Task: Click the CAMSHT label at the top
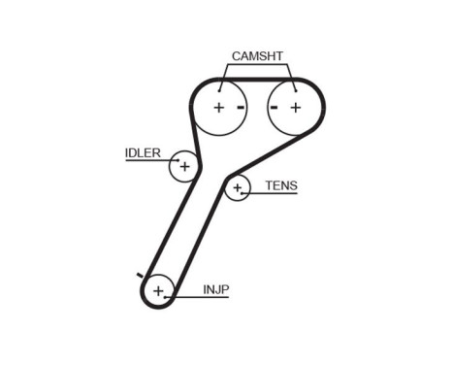(x=257, y=56)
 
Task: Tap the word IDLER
(x=143, y=152)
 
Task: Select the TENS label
(x=280, y=184)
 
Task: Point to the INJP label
(x=216, y=288)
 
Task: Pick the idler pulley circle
(x=183, y=167)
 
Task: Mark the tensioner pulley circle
(x=238, y=188)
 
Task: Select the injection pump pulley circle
(x=157, y=290)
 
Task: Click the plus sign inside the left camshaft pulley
(x=218, y=107)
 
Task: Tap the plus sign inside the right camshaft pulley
(x=295, y=107)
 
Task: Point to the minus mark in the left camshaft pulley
(x=239, y=107)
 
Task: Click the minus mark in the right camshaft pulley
(x=275, y=107)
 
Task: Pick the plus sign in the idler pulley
(x=183, y=167)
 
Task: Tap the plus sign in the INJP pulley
(x=157, y=290)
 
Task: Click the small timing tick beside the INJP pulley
(x=141, y=277)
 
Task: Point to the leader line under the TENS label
(x=276, y=194)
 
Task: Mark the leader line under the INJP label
(x=209, y=296)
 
